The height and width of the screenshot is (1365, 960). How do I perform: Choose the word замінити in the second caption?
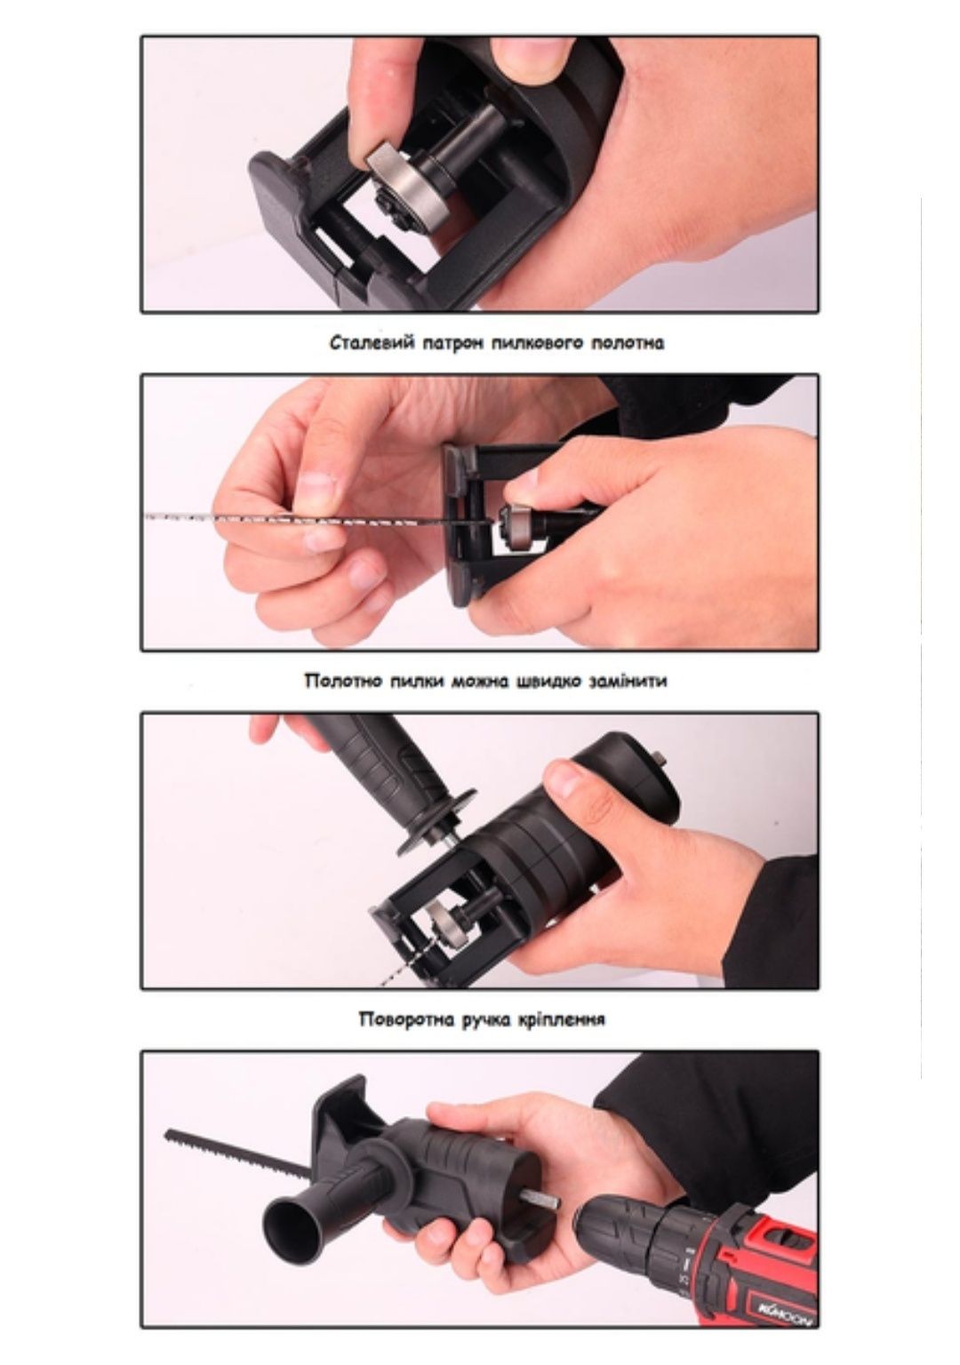[x=628, y=681]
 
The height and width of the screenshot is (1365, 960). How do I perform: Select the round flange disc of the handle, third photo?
[x=436, y=821]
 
